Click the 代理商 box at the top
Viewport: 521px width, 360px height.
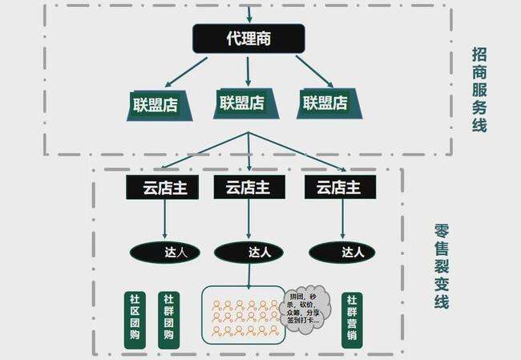pos(248,38)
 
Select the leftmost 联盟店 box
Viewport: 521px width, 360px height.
pos(160,104)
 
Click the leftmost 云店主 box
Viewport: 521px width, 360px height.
pos(164,188)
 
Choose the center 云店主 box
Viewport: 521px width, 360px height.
pos(248,188)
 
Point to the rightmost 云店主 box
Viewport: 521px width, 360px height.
pos(339,188)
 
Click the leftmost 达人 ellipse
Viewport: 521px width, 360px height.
pos(164,252)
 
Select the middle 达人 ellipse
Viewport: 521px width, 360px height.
pos(248,252)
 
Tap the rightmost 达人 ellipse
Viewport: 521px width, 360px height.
pos(342,252)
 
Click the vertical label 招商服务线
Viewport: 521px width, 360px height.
pos(479,89)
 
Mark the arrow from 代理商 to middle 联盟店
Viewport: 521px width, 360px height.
pos(248,70)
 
